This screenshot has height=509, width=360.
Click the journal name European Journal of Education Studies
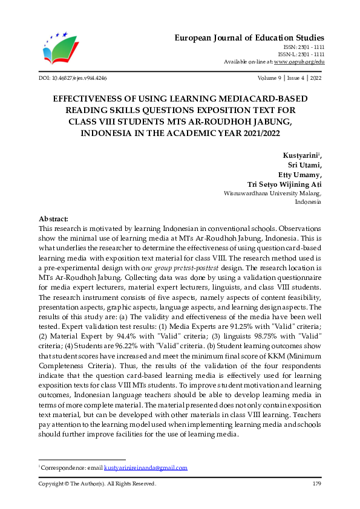(x=250, y=37)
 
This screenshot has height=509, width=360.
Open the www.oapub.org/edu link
(x=299, y=62)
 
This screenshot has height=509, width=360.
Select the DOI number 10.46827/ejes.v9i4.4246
(x=73, y=79)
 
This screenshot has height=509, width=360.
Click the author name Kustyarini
(x=303, y=156)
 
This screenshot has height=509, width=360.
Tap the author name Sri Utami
(x=306, y=166)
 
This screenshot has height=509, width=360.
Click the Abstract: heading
(x=53, y=218)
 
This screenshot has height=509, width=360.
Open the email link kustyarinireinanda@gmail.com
(x=145, y=468)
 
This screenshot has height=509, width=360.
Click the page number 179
(x=316, y=484)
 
